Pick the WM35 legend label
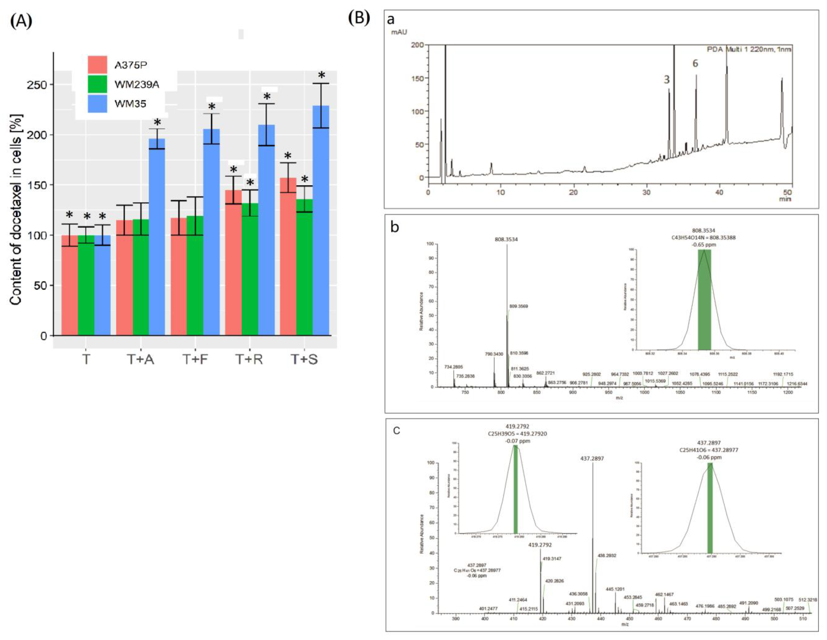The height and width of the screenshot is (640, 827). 130,103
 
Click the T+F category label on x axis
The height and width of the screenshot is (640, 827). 195,359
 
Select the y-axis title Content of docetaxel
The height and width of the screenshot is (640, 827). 16,210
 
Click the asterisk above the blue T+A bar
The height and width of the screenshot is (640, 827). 157,123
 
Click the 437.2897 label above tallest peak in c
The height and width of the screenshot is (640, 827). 592,458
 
